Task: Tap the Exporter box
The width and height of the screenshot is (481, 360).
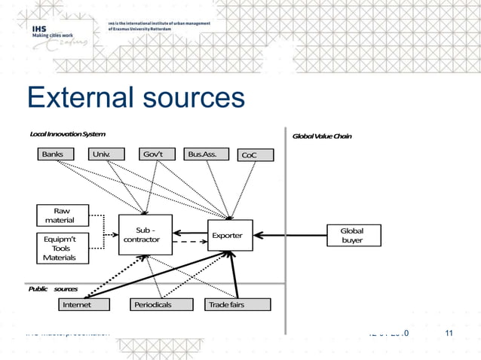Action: pyautogui.click(x=229, y=236)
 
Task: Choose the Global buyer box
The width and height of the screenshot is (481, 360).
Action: pyautogui.click(x=351, y=235)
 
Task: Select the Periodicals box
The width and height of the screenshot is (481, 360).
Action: pyautogui.click(x=157, y=305)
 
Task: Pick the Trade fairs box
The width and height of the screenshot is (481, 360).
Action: pyautogui.click(x=227, y=305)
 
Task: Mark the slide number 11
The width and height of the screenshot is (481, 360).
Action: pyautogui.click(x=449, y=334)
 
